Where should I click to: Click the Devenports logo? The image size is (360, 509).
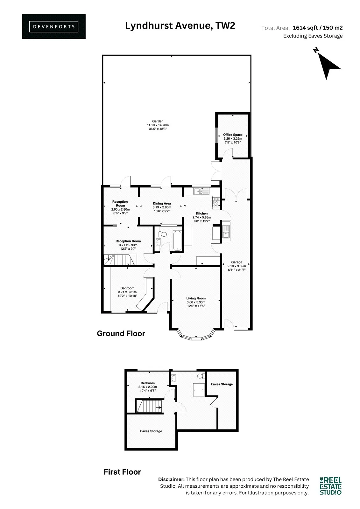[54, 27]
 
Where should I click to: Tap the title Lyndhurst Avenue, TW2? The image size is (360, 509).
[180, 26]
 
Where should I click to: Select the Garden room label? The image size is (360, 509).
[158, 121]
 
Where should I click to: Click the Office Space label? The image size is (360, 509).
[233, 135]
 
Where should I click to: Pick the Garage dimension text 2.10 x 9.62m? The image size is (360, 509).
[236, 266]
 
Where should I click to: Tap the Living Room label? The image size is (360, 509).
[196, 298]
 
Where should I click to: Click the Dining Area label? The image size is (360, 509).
[162, 203]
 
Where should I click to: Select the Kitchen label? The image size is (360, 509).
[202, 213]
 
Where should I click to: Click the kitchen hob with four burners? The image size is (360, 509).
[216, 202]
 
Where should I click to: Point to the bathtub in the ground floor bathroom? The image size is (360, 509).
[177, 241]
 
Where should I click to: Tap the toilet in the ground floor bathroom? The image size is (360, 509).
[163, 234]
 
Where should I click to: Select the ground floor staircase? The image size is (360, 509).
[120, 260]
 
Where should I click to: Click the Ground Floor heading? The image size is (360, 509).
[121, 333]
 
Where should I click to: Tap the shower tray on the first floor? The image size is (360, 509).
[199, 390]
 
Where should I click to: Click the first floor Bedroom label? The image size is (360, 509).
[148, 383]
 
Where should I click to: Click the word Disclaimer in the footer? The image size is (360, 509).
[172, 479]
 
